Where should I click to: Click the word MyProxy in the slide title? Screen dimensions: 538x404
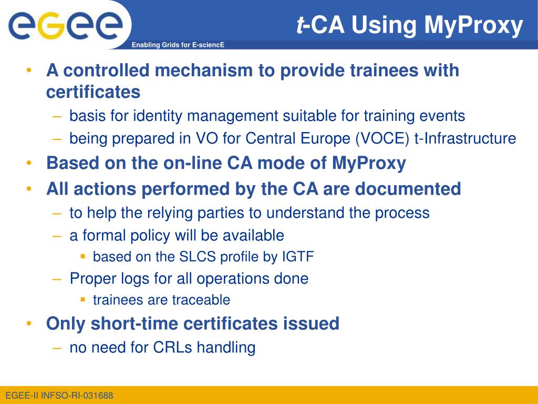(473, 25)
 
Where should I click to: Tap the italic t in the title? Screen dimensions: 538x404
(300, 25)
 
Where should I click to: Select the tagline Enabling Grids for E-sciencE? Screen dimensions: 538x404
(178, 45)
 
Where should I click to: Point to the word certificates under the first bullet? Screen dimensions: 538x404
(94, 92)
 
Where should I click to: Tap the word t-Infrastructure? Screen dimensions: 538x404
(465, 138)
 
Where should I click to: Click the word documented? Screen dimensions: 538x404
(408, 189)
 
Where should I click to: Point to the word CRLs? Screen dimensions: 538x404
(172, 347)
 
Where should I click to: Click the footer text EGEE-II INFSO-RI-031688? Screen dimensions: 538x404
(59, 396)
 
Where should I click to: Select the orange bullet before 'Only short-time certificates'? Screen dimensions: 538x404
(29, 324)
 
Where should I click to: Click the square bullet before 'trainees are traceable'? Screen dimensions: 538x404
(82, 299)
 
